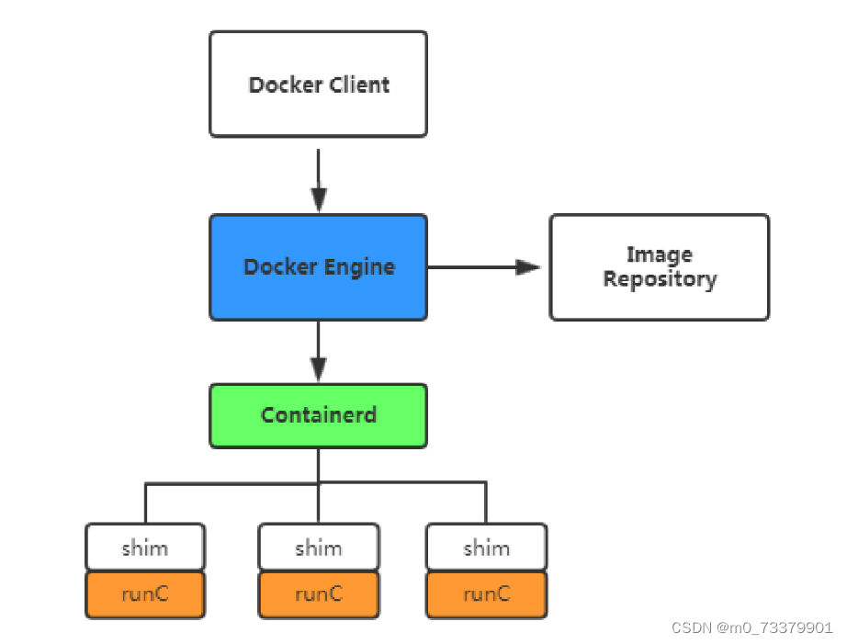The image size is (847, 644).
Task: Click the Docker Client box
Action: (318, 85)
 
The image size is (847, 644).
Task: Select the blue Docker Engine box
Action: (318, 267)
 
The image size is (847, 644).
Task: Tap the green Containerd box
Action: (318, 415)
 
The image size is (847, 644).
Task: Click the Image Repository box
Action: (659, 267)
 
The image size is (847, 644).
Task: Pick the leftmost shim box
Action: (145, 548)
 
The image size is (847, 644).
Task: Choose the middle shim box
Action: (318, 548)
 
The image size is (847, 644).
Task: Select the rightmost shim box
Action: (486, 548)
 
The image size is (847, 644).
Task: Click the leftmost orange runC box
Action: (145, 594)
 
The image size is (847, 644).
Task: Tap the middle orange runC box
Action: (318, 594)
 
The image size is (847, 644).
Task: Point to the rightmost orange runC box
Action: (486, 594)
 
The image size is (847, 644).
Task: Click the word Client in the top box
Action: (357, 85)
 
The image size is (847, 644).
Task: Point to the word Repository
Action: (659, 279)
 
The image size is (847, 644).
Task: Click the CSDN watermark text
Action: (751, 627)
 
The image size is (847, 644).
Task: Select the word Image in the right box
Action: (659, 254)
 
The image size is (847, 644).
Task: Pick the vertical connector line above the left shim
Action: (145, 503)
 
